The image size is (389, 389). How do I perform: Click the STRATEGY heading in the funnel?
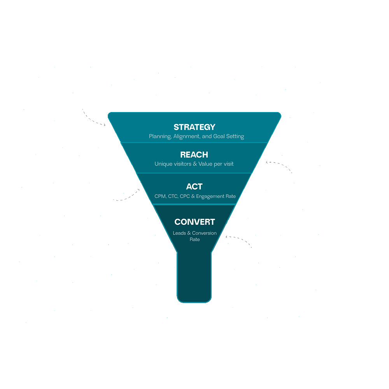click(194, 127)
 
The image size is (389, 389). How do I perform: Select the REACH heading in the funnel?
click(194, 155)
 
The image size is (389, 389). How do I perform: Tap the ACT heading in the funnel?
click(194, 187)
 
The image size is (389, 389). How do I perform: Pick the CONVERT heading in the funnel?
click(194, 222)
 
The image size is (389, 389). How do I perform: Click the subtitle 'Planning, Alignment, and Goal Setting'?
click(196, 137)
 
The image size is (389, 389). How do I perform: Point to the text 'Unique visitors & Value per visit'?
click(194, 164)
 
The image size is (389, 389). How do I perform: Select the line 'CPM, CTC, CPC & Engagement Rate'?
click(195, 196)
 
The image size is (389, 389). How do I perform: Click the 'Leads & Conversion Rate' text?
click(195, 236)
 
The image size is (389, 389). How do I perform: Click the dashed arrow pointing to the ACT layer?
click(128, 196)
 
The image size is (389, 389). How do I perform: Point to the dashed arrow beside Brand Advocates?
click(241, 241)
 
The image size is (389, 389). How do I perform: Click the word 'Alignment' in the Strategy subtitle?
click(186, 137)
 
